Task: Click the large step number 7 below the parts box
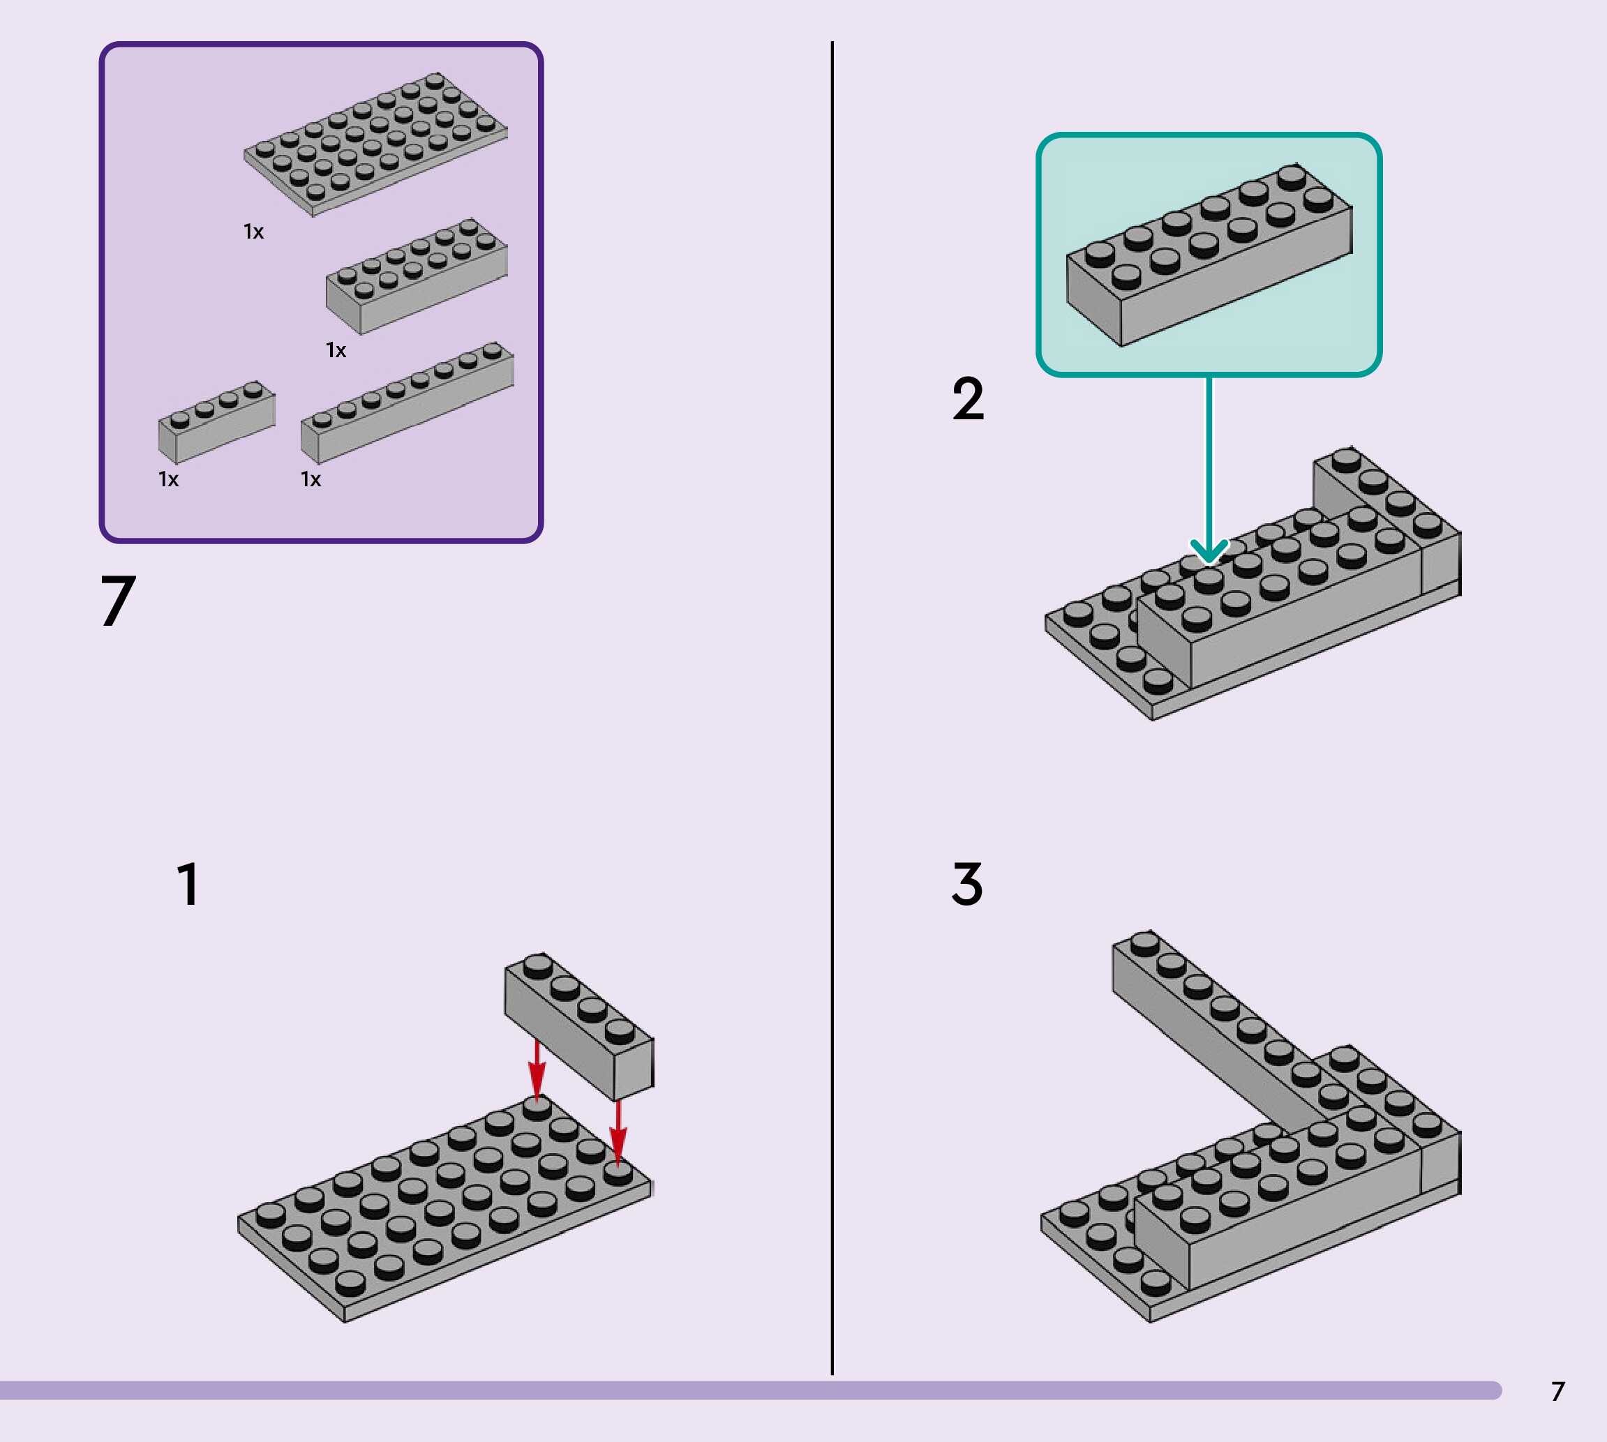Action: pos(118,601)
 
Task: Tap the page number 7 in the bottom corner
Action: pos(1558,1391)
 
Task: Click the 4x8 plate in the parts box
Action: pos(375,144)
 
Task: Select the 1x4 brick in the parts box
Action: pos(216,422)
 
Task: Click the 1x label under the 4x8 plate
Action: pos(253,232)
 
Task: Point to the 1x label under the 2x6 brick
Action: pos(336,350)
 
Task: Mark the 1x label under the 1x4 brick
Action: pos(169,479)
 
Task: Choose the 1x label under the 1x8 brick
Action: pos(311,479)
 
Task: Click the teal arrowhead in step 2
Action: pos(1209,550)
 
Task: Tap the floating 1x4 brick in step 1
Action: pos(579,1026)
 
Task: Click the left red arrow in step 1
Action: pos(537,1069)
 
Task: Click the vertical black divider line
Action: pos(832,713)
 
